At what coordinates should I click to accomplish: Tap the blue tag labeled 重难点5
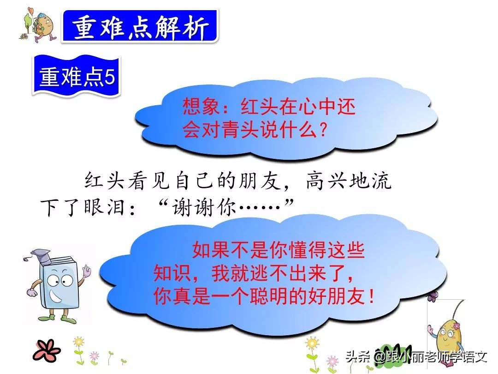tap(77, 77)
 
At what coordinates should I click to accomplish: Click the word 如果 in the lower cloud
tap(206, 252)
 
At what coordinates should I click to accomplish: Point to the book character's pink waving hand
tap(85, 272)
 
